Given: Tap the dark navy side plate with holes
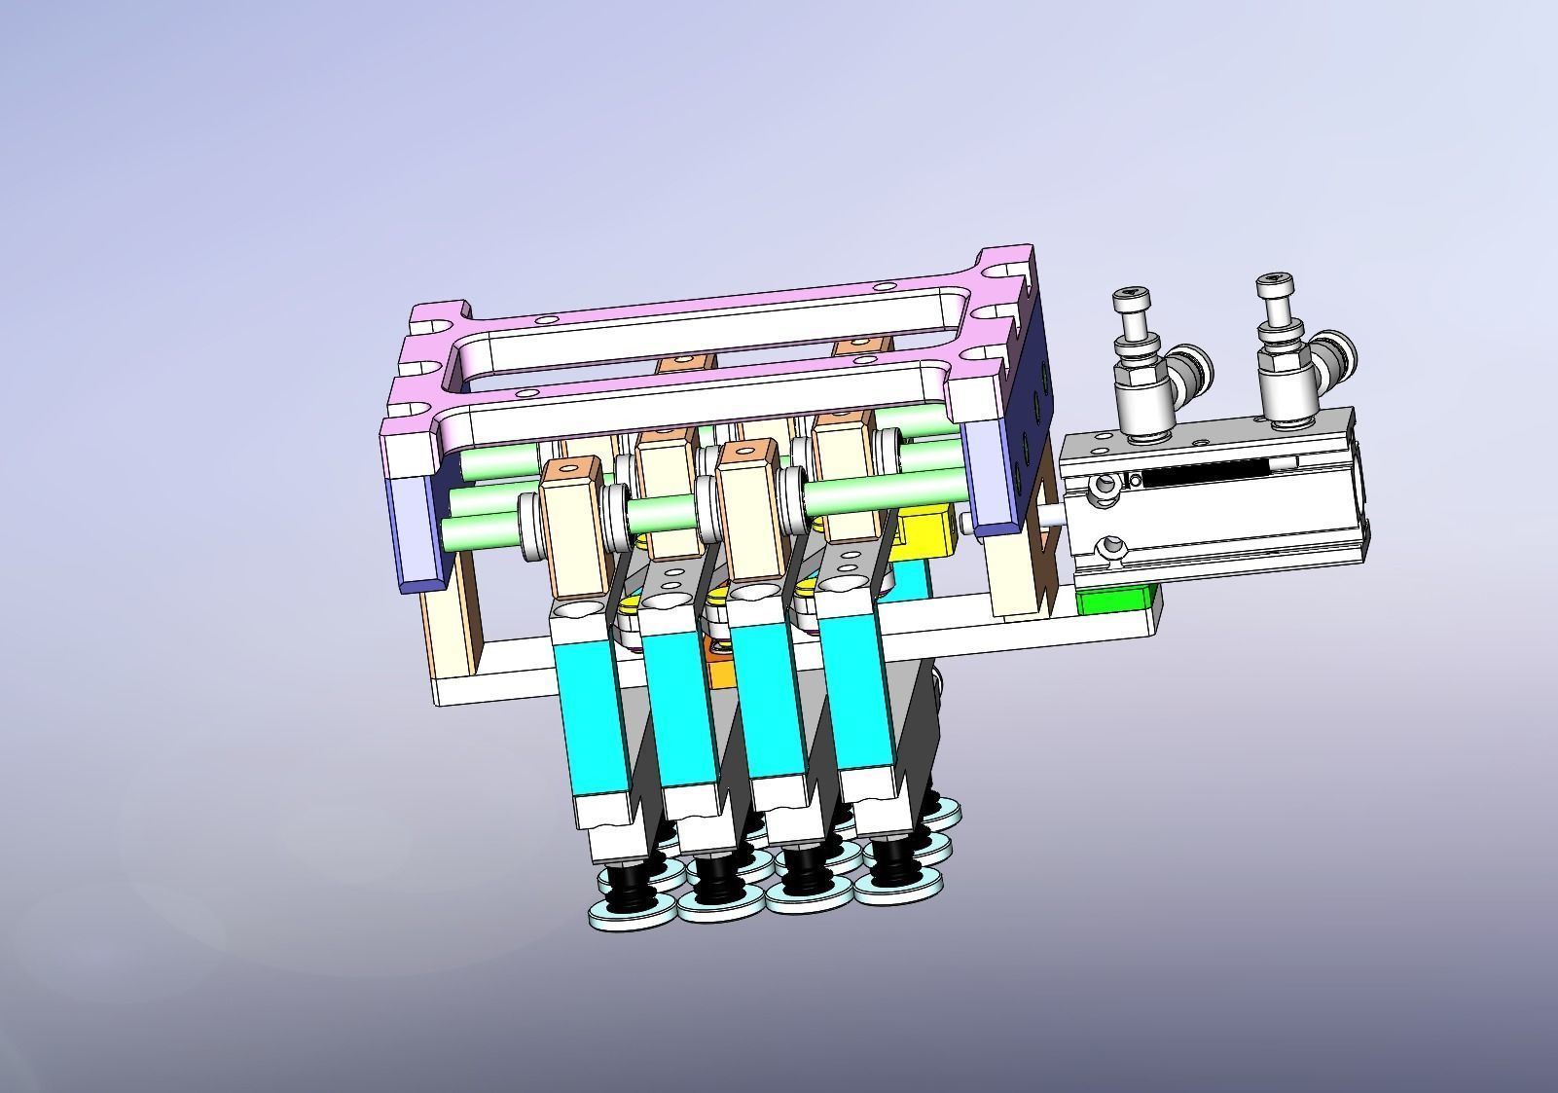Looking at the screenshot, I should click(x=1027, y=428).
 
